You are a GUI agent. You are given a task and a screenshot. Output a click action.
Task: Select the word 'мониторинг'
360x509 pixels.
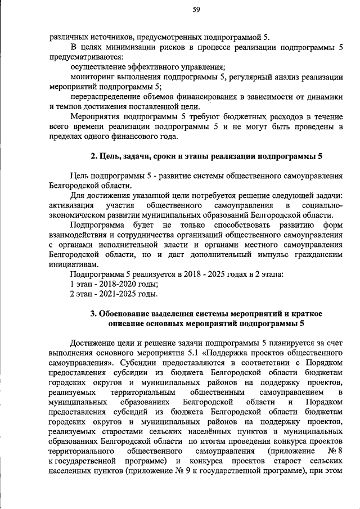(92, 76)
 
